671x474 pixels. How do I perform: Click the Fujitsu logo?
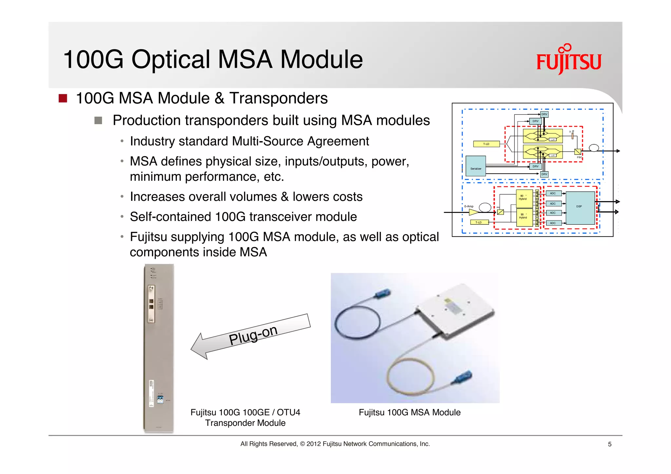click(x=569, y=60)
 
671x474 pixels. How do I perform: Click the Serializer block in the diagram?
click(x=476, y=166)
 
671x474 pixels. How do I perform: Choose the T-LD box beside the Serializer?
click(x=486, y=144)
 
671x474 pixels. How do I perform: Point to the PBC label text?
click(x=579, y=158)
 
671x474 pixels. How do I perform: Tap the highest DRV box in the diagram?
click(x=544, y=114)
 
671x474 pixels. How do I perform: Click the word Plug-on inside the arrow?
click(x=253, y=335)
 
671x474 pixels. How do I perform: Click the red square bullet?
click(x=63, y=98)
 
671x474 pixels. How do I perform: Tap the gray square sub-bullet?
click(x=98, y=120)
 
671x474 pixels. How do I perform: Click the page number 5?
click(x=609, y=444)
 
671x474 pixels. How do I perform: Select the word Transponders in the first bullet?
click(x=278, y=98)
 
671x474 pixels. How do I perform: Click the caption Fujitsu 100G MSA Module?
click(x=410, y=412)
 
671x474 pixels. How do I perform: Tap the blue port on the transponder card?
click(x=160, y=400)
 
